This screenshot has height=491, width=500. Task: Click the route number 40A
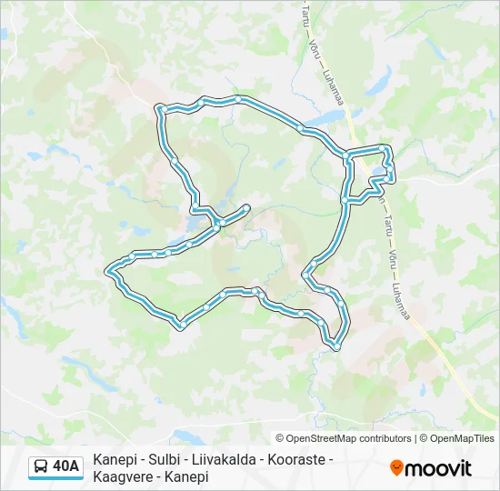click(x=65, y=467)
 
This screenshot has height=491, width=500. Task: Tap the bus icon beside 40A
click(x=42, y=467)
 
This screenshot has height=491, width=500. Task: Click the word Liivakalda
click(x=228, y=460)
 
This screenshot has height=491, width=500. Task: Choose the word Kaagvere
click(x=122, y=476)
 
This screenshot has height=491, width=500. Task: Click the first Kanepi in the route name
click(x=115, y=460)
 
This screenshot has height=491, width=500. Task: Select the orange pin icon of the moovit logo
click(x=396, y=468)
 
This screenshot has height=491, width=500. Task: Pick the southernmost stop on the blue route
click(x=336, y=346)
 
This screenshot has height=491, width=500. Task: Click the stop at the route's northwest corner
click(x=160, y=110)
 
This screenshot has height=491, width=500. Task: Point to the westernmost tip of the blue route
click(x=108, y=269)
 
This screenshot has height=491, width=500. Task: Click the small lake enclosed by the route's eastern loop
click(x=377, y=171)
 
